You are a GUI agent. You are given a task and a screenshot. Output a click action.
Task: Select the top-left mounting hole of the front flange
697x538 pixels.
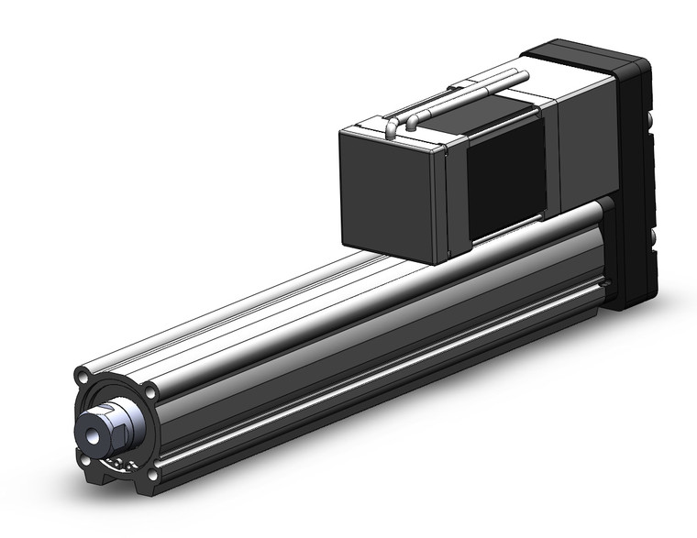[83, 377]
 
